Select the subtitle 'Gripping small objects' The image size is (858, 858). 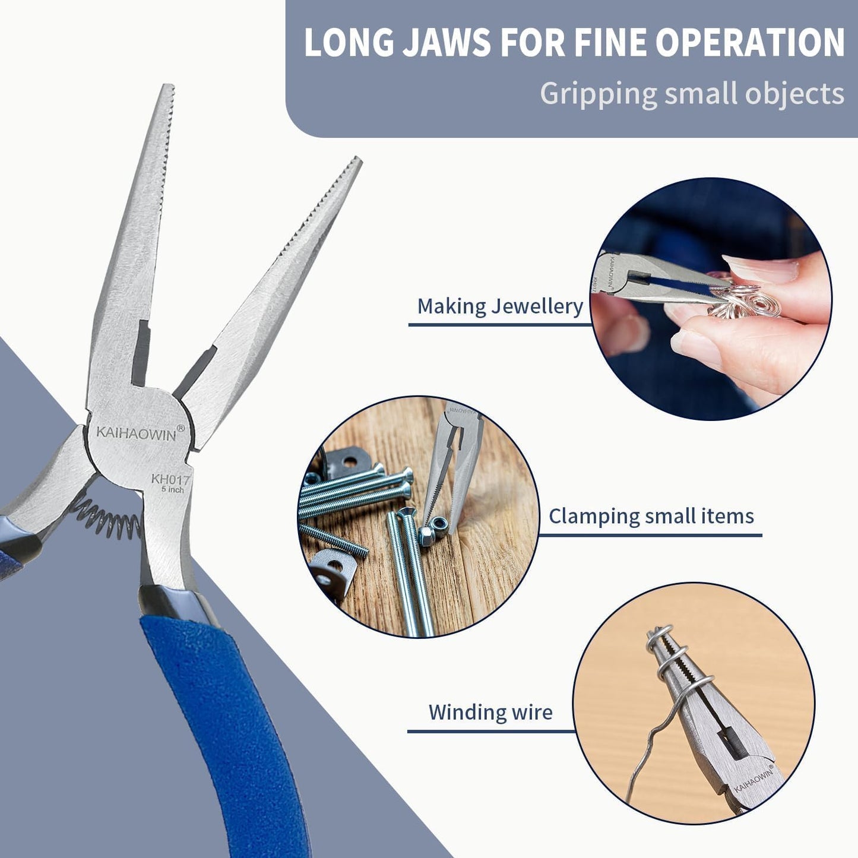click(x=691, y=94)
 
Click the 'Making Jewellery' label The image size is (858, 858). click(x=499, y=306)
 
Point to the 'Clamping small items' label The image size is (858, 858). click(x=651, y=516)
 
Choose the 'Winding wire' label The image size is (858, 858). click(x=490, y=712)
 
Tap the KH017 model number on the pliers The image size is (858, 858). click(x=170, y=479)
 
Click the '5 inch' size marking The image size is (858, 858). click(x=172, y=490)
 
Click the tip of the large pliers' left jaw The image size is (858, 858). click(x=167, y=89)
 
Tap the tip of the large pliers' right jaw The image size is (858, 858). click(x=356, y=162)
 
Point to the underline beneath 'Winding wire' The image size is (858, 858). click(x=490, y=731)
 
